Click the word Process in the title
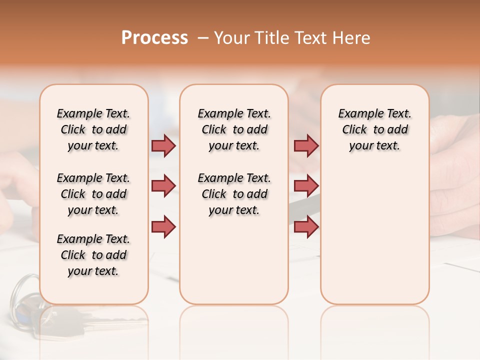tap(154, 38)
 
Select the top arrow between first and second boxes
tap(163, 145)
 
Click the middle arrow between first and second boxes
tap(163, 186)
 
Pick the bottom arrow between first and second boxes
tap(163, 226)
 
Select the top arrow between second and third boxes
tap(306, 145)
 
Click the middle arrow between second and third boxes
tap(306, 186)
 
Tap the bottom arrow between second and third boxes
tap(306, 226)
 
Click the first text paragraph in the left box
tap(93, 129)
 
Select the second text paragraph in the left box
tap(93, 194)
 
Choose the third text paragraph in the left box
tap(93, 255)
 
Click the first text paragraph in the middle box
tap(234, 129)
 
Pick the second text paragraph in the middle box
tap(234, 194)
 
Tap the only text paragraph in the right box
tap(374, 129)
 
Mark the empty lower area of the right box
tap(374, 240)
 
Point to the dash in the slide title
tap(203, 38)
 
